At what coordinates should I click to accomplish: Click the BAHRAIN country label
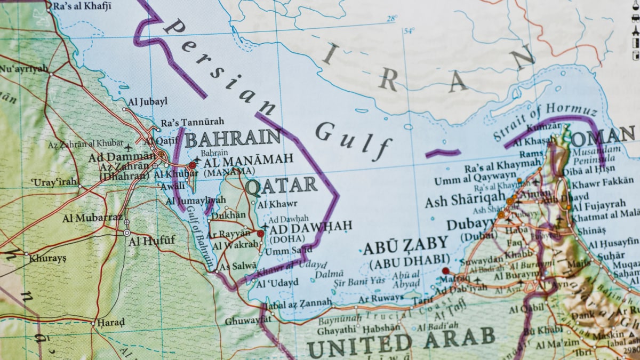233,139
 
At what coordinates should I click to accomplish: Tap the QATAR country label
281,186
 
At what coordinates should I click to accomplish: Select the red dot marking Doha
260,234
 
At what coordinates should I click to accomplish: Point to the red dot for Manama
192,165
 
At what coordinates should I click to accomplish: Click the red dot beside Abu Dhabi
445,271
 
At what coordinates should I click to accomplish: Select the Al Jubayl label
148,101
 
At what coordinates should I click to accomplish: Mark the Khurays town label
48,258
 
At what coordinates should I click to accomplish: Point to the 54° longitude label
409,31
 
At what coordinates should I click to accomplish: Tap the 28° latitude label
392,19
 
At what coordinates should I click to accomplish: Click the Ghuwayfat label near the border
244,321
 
